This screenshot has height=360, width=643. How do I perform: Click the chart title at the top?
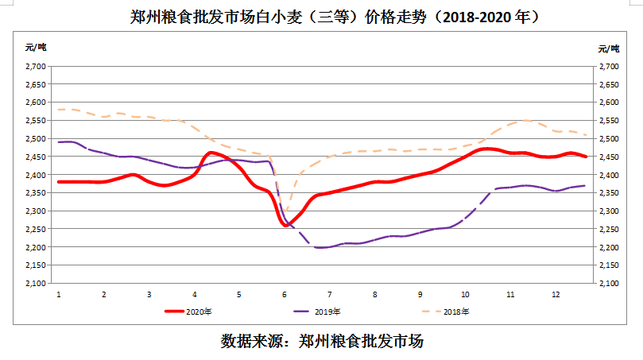[321, 17]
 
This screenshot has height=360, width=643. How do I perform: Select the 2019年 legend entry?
[317, 312]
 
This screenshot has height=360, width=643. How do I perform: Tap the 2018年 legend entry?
[445, 312]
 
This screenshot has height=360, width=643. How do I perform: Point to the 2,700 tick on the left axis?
[35, 66]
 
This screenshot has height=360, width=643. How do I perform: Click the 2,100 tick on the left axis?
[35, 284]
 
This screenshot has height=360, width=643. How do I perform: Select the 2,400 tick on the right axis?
[608, 175]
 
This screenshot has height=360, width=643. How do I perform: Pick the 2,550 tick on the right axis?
[608, 121]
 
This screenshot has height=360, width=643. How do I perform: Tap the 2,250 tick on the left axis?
[35, 230]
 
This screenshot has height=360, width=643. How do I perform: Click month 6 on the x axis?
[285, 294]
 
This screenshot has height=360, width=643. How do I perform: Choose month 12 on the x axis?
[556, 294]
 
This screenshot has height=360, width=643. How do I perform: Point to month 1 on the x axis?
[59, 294]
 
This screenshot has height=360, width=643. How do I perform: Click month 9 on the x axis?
[420, 294]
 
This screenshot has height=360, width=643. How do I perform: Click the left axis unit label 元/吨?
[36, 48]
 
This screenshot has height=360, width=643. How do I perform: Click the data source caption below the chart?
[321, 342]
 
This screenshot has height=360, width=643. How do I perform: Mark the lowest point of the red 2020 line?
[286, 225]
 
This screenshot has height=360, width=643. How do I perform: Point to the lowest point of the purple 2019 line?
[322, 247]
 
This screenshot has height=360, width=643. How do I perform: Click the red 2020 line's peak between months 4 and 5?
[211, 152]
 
